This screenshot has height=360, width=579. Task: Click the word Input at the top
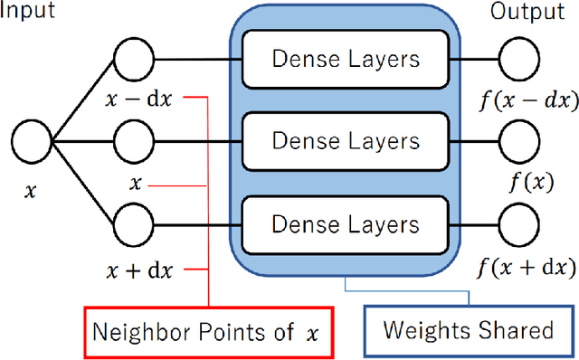coord(29,12)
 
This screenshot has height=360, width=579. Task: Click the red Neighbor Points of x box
coord(208,330)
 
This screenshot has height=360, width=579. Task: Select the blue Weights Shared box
coord(468,330)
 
